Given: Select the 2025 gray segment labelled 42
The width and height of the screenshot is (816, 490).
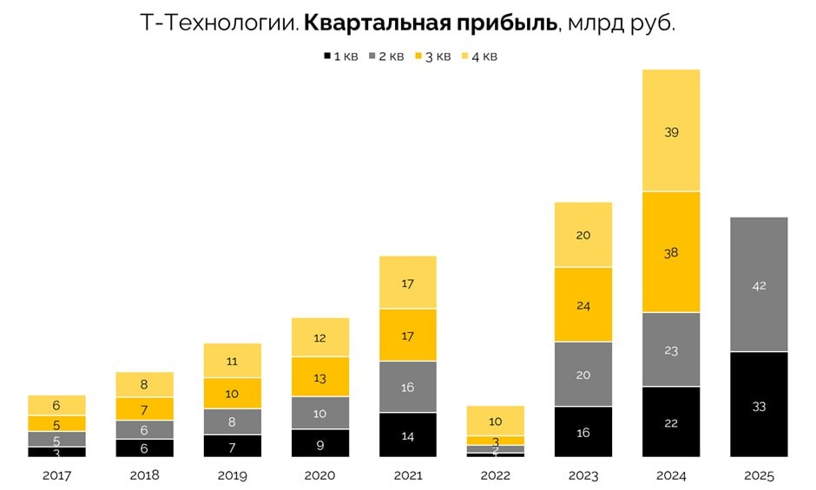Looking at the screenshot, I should pos(759,284).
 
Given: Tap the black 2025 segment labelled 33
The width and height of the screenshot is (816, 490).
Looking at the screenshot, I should pos(759,405).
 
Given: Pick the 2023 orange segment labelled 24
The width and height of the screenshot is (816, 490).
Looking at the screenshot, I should pos(583,304).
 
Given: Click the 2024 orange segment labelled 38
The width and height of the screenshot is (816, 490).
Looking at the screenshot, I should pos(671,252).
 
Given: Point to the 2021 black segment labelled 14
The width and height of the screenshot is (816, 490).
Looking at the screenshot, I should pos(408,435).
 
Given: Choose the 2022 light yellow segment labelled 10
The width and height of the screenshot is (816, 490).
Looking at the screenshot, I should pos(496,421).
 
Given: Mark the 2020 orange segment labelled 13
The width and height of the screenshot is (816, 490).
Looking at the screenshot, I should pos(320,377).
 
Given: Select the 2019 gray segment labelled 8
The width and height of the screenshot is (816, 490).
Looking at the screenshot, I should pos(233,421).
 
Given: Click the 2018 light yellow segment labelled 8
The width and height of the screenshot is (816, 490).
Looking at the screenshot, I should pos(145,384).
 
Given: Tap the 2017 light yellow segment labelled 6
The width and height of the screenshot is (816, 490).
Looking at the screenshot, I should pos(57,405).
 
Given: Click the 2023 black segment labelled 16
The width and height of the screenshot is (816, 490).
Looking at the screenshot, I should pos(583,432).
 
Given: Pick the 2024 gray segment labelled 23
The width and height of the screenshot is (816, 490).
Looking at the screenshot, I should pos(671,350).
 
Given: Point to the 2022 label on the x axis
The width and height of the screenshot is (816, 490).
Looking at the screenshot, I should pos(496,475).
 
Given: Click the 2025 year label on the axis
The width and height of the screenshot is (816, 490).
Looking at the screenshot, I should pos(759,475).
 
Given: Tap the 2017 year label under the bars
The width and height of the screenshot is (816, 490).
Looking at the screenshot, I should pos(57,475).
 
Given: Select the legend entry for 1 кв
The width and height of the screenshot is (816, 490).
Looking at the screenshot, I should pos(340,56).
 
